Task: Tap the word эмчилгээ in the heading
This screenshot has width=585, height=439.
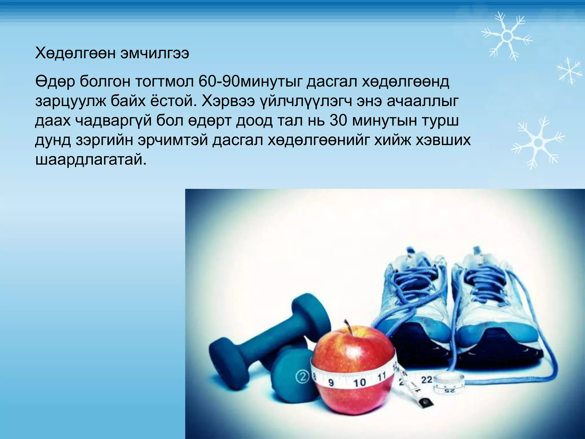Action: point(155,53)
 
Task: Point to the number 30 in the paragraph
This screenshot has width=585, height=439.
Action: point(338,121)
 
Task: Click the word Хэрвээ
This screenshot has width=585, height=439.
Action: point(228,101)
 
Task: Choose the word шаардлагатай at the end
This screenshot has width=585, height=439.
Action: point(91,159)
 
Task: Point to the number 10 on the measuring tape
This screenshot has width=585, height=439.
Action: point(359,382)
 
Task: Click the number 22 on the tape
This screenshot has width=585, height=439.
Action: point(427,380)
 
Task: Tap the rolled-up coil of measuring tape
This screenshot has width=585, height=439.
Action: point(449,385)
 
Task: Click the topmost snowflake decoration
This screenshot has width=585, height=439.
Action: point(507,36)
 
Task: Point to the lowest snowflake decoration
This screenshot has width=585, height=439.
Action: point(538,142)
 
